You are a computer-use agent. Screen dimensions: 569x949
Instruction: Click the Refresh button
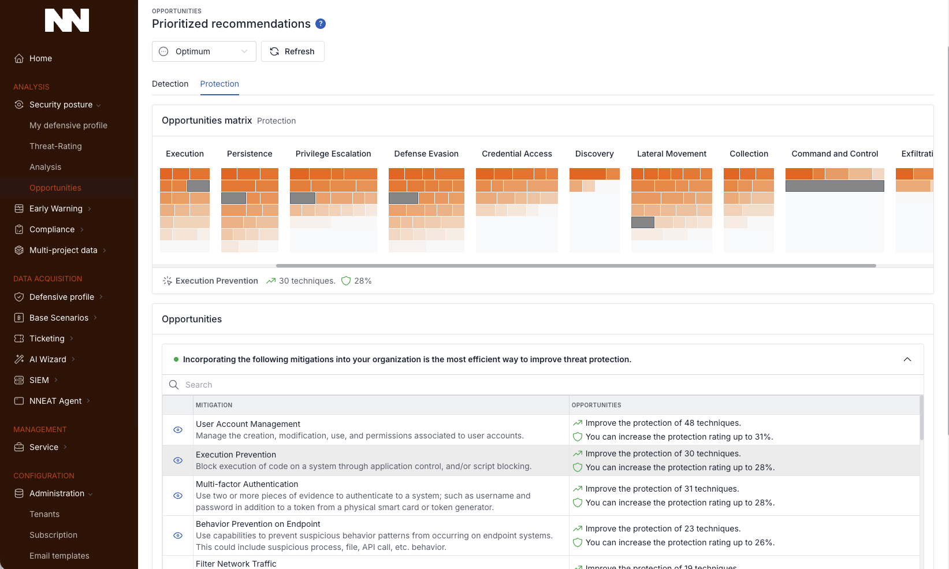tap(292, 51)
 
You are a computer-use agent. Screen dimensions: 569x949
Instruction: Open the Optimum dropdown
tap(204, 51)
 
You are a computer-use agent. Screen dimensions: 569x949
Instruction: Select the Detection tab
tap(170, 84)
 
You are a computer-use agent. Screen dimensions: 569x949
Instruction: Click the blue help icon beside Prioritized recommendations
tap(321, 24)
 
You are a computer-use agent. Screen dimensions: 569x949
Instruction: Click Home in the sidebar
tap(40, 58)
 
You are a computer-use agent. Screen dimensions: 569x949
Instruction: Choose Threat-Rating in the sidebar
tap(55, 146)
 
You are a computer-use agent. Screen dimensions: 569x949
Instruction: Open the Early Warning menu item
tap(55, 209)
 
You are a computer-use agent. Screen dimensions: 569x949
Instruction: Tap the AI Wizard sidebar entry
tap(48, 359)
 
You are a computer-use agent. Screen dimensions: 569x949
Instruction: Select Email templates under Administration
tap(59, 556)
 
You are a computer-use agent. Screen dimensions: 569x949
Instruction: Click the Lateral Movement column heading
tap(671, 154)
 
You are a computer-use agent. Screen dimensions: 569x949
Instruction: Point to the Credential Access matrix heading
tap(516, 154)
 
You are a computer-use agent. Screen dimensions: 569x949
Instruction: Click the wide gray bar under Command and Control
tap(834, 186)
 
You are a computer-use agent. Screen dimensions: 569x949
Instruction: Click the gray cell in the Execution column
tap(198, 186)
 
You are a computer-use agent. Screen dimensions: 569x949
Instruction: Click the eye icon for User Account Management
tap(178, 430)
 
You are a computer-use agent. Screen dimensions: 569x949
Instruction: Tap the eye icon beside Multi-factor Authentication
tap(178, 496)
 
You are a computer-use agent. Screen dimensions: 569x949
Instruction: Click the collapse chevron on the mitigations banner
tap(907, 359)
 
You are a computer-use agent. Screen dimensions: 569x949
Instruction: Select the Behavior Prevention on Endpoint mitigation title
tap(258, 524)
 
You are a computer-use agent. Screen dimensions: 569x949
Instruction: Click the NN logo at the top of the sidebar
tap(67, 20)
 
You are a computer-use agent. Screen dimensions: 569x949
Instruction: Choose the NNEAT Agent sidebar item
tap(55, 401)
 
